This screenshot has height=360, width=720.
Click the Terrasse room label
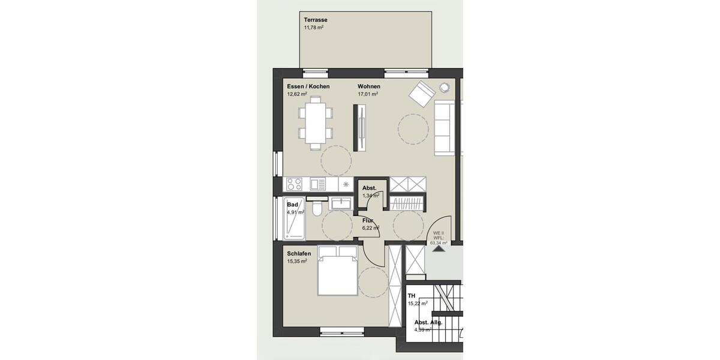[x=315, y=20]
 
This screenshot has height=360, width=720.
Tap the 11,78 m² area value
[x=314, y=28]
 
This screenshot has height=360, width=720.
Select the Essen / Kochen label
[x=308, y=86]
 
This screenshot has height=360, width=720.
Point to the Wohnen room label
[x=369, y=86]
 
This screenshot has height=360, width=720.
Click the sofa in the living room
[x=445, y=127]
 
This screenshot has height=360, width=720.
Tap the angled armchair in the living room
[x=422, y=92]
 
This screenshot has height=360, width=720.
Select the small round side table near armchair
[x=445, y=86]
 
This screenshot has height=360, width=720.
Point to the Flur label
[x=368, y=220]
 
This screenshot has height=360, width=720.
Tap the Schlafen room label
[x=299, y=254]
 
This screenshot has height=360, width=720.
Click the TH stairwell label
[x=412, y=296]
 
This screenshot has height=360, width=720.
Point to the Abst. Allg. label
[x=428, y=322]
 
